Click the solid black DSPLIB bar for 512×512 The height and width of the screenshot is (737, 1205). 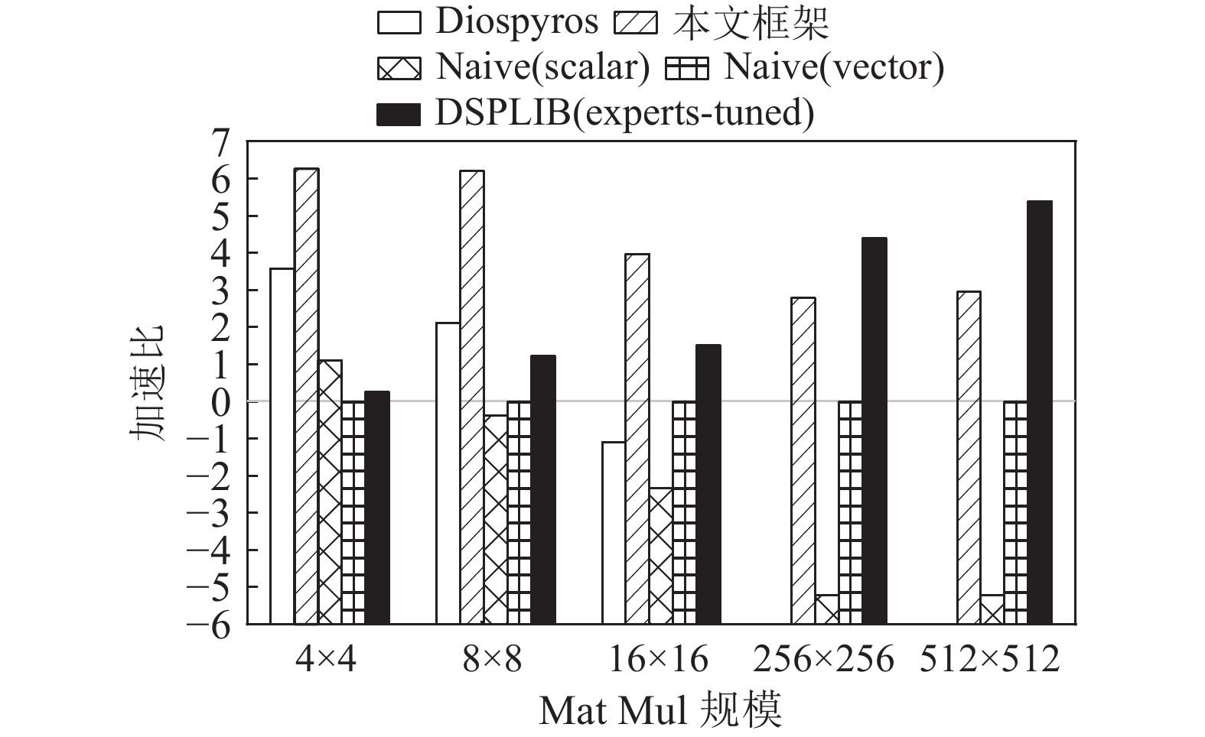[x=1039, y=413]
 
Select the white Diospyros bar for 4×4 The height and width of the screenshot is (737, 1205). [x=282, y=446]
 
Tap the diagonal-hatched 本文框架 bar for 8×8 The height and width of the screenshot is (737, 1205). [x=472, y=397]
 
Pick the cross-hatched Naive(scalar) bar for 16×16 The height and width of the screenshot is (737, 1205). [x=660, y=556]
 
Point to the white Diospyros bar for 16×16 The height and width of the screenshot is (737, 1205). [x=614, y=532]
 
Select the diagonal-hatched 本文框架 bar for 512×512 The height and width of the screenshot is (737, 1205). [x=969, y=457]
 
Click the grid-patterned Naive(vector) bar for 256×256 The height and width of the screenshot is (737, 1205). [x=850, y=512]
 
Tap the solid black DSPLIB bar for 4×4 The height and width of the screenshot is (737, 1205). [x=377, y=508]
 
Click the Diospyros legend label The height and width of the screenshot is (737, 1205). [x=516, y=22]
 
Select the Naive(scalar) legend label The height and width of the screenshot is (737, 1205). [x=542, y=67]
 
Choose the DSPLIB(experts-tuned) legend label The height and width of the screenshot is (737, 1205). [x=624, y=113]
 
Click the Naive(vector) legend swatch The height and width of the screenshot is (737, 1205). [x=687, y=69]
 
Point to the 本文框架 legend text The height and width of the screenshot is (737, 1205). [x=752, y=22]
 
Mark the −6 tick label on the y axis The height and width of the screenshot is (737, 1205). [x=210, y=625]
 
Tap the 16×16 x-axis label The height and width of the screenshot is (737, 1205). [x=658, y=659]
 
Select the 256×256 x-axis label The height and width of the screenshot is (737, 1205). [x=823, y=659]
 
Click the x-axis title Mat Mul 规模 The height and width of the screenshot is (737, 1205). [x=660, y=711]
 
